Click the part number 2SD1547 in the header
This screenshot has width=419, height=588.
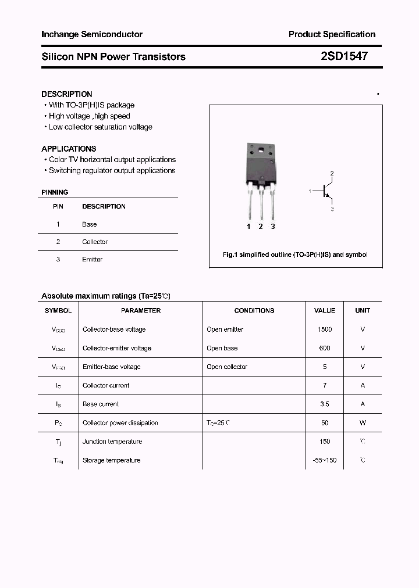[344, 56]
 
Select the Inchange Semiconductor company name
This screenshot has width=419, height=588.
[92, 34]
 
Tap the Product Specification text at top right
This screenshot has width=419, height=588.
[332, 34]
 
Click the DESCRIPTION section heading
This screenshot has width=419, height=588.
[67, 94]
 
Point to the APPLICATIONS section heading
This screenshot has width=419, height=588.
[69, 149]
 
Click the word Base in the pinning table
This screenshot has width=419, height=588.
[89, 224]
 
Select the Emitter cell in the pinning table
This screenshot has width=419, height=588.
[92, 259]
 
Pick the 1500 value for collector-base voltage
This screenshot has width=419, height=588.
[325, 329]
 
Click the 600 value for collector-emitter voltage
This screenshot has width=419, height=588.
[325, 348]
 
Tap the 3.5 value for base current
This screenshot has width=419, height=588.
[325, 404]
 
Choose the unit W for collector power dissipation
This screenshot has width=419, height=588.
[363, 423]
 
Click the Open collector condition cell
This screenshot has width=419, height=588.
[227, 367]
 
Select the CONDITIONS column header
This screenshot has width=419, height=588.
[254, 311]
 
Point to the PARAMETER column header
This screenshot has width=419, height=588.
[141, 311]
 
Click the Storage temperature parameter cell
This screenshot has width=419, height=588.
[111, 460]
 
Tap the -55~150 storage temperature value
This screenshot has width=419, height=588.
[325, 460]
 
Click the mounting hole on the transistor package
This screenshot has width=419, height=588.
[260, 152]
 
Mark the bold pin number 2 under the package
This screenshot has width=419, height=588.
[261, 227]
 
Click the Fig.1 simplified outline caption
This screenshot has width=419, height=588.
[296, 254]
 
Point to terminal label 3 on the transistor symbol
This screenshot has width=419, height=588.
[332, 208]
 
